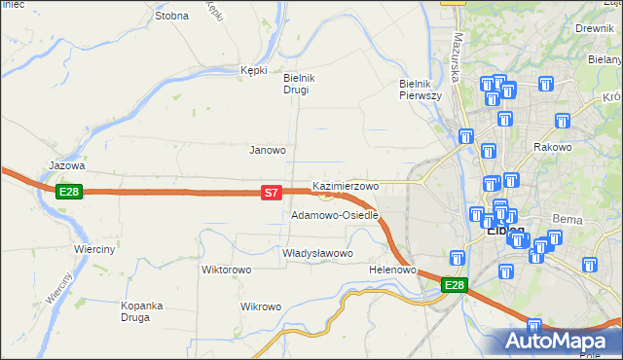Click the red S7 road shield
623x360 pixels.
pyautogui.click(x=272, y=194)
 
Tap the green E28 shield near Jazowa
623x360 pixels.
pyautogui.click(x=68, y=192)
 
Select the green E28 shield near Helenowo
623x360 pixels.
pyautogui.click(x=454, y=285)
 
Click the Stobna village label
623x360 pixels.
pyautogui.click(x=171, y=17)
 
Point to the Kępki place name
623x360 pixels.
pyautogui.click(x=253, y=70)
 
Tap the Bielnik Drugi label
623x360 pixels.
pyautogui.click(x=296, y=84)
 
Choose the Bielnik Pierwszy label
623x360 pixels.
pyautogui.click(x=421, y=90)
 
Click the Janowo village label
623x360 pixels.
pyautogui.click(x=268, y=150)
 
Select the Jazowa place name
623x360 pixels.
pyautogui.click(x=67, y=166)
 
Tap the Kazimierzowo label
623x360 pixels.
pyautogui.click(x=345, y=185)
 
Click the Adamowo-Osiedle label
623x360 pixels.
pyautogui.click(x=334, y=214)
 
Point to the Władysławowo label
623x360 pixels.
pyautogui.click(x=316, y=253)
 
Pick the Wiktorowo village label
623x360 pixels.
pyautogui.click(x=227, y=270)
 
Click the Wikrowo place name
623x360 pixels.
pyautogui.click(x=261, y=306)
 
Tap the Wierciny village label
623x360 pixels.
pyautogui.click(x=95, y=249)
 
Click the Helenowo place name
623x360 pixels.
pyautogui.click(x=393, y=270)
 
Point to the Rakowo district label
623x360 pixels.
pyautogui.click(x=552, y=147)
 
